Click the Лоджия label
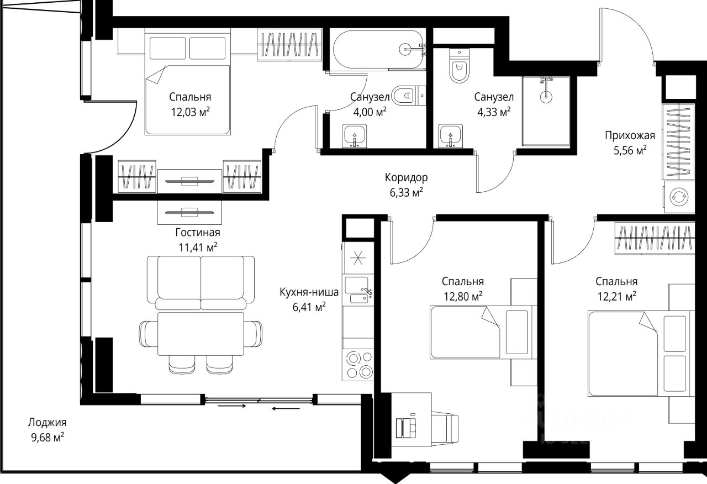(x=48, y=423)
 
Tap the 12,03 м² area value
(x=191, y=112)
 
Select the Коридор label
(x=406, y=177)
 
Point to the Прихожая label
(x=630, y=135)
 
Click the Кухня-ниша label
(x=309, y=292)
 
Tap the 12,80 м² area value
(x=463, y=296)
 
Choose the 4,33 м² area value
(x=494, y=112)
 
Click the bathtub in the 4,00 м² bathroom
(x=378, y=49)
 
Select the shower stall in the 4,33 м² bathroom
(x=546, y=111)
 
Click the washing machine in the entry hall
(x=679, y=196)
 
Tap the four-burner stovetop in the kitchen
(x=358, y=365)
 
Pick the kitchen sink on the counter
(x=358, y=290)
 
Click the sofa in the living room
(x=201, y=283)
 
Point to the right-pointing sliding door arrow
(x=232, y=406)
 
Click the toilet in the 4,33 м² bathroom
(x=459, y=66)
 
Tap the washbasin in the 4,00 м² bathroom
(x=355, y=136)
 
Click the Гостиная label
(x=198, y=233)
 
